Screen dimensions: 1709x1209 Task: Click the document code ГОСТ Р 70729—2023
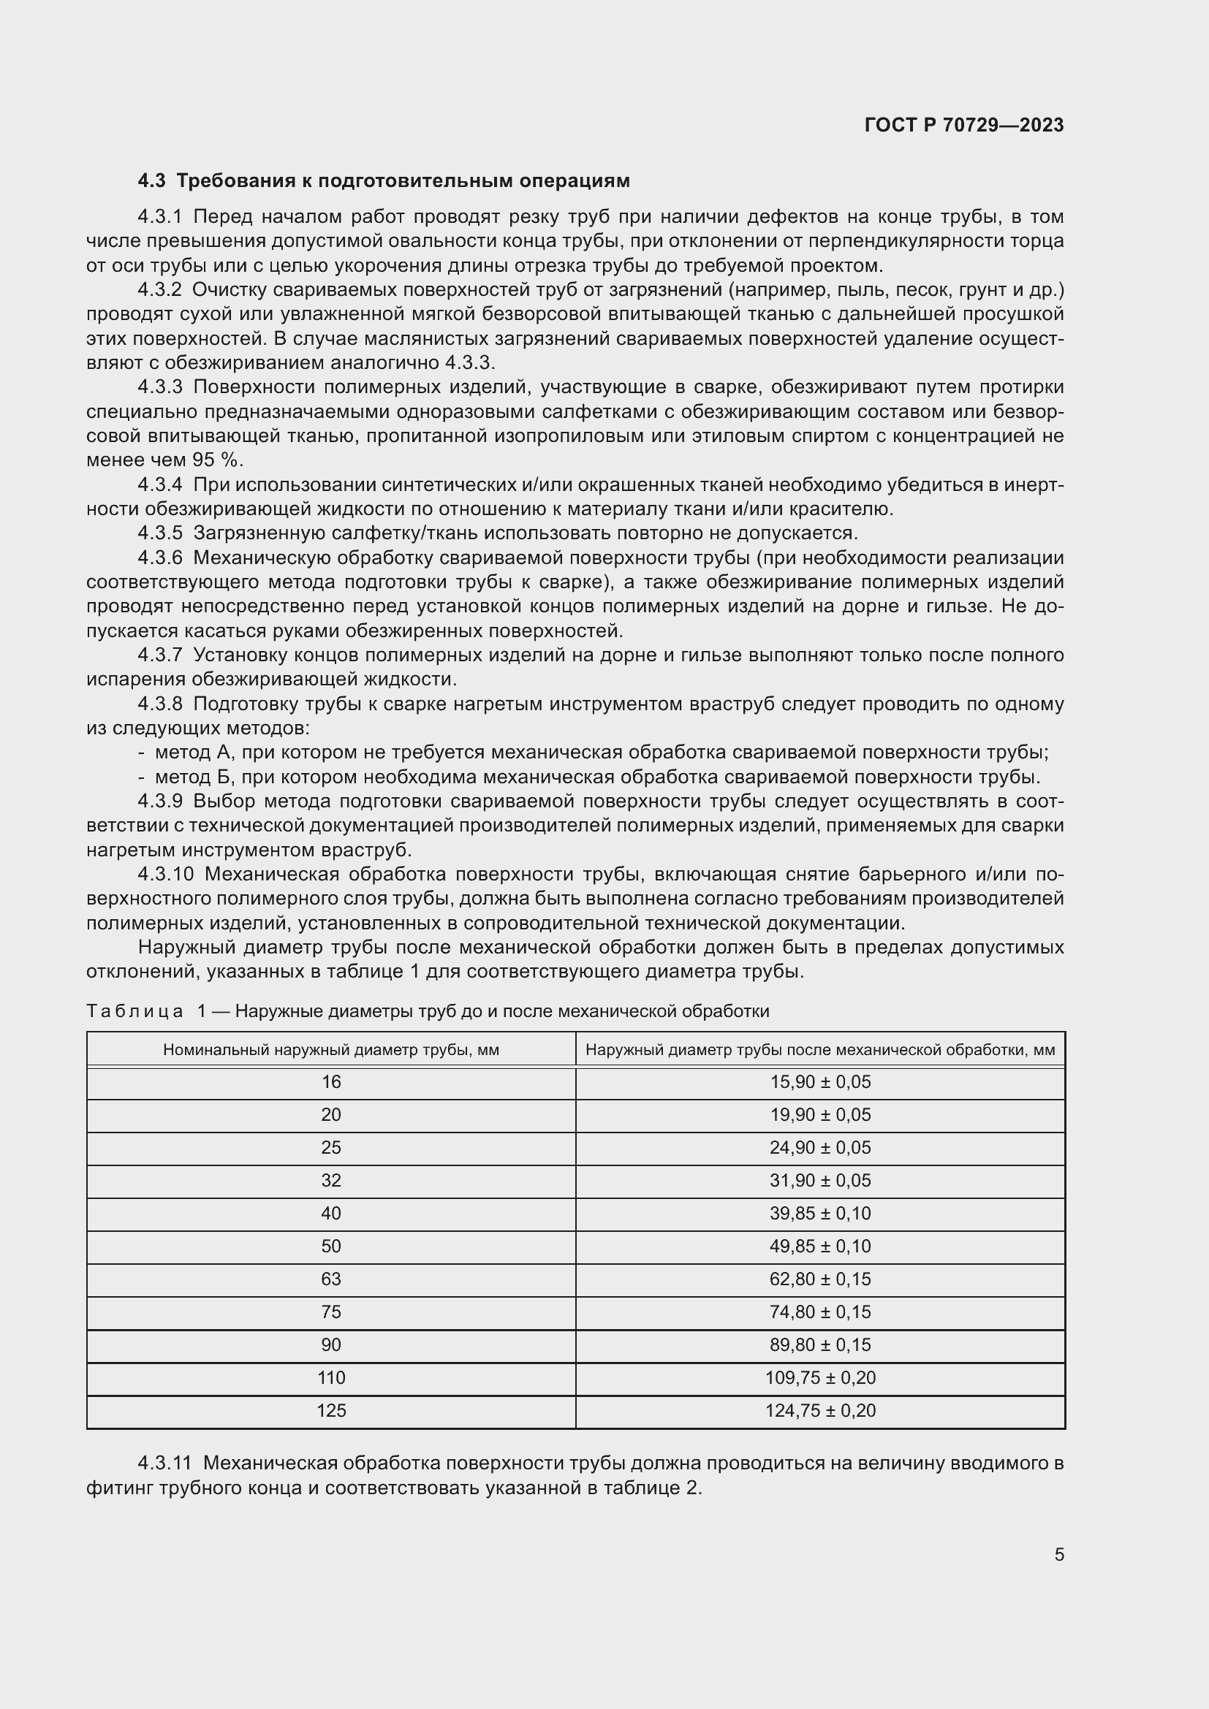(x=963, y=125)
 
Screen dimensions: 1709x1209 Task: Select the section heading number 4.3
(x=151, y=181)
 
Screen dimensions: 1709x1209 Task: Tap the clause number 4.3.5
(x=160, y=533)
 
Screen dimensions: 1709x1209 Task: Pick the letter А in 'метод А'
(x=226, y=753)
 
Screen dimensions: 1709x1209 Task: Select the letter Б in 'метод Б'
(x=225, y=777)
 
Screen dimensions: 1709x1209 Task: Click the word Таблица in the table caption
(x=134, y=1010)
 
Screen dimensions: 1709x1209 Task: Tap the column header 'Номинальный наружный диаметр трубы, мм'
(x=330, y=1049)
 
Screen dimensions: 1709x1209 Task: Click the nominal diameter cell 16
(x=330, y=1082)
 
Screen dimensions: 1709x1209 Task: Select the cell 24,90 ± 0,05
(x=819, y=1148)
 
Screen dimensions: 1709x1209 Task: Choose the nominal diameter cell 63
(x=330, y=1279)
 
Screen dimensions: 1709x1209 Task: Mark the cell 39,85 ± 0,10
(x=819, y=1214)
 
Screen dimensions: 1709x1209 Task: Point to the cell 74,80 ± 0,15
(x=819, y=1312)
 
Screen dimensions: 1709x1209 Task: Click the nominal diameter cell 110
(x=330, y=1378)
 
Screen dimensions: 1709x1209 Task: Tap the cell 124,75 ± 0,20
(x=819, y=1410)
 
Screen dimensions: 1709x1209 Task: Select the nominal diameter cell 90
(x=330, y=1344)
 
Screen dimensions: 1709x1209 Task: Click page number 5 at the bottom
(x=1058, y=1555)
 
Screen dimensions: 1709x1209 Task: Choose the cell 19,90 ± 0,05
(x=819, y=1115)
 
